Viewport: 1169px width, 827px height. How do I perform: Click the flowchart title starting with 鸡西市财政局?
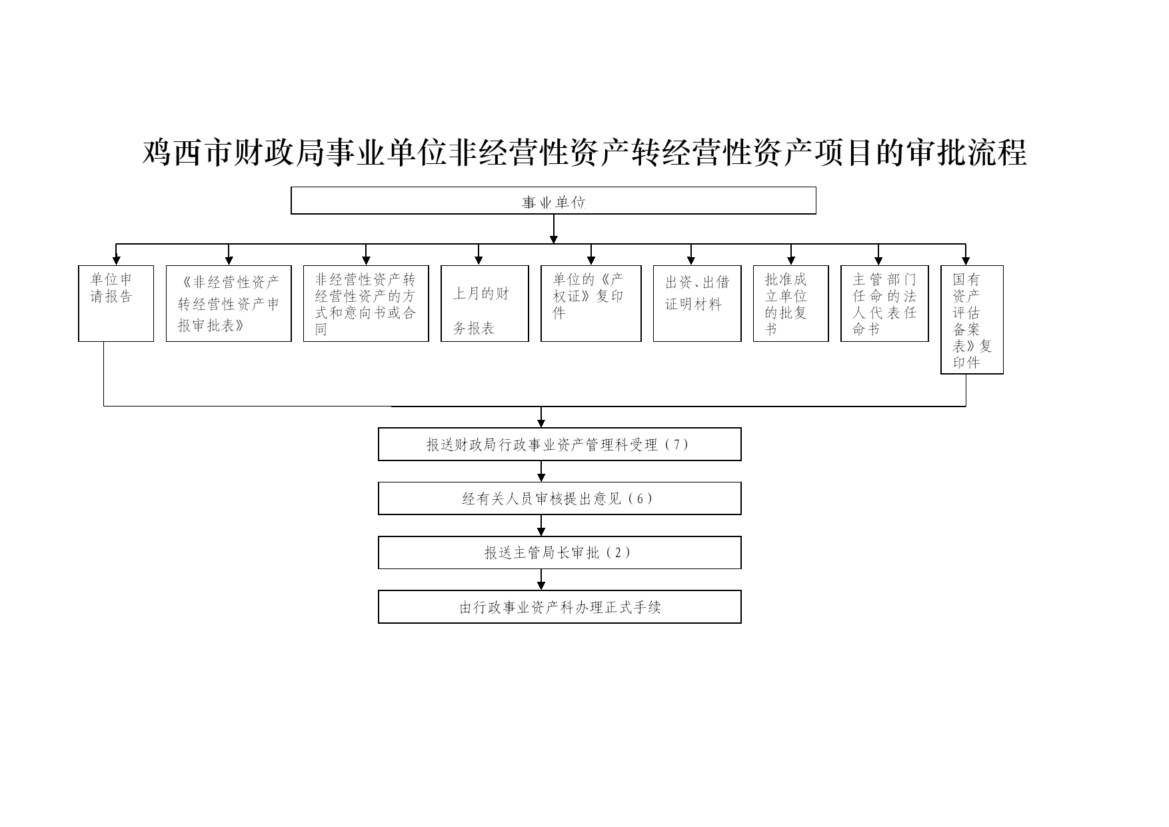pos(584,153)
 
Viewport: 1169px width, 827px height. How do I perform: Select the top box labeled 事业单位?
pos(553,201)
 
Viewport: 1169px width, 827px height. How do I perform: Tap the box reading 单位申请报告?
pos(116,304)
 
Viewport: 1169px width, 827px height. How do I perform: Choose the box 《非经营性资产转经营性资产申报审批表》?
pos(229,304)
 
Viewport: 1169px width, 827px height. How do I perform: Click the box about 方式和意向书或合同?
pos(366,304)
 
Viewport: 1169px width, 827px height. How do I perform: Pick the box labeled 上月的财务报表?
pos(485,304)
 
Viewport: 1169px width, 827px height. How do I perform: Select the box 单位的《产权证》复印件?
pos(591,304)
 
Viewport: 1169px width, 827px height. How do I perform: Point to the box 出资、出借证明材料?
pos(697,304)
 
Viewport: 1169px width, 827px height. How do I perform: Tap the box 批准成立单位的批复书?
pos(791,304)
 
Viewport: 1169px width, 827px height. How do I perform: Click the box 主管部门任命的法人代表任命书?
pos(884,304)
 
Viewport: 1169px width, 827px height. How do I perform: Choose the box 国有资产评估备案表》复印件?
pos(972,320)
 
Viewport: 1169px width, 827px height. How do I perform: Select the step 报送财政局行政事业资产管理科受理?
pos(560,444)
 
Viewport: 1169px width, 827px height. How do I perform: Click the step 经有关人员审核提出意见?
pos(560,498)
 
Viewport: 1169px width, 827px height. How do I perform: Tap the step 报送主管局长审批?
pos(560,552)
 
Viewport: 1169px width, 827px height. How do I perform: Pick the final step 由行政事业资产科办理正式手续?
pos(560,607)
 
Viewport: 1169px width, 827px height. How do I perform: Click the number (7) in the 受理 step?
pos(676,444)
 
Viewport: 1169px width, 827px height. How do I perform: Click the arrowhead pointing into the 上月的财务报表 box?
pos(479,261)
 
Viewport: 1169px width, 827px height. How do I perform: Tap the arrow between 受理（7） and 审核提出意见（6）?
pos(541,471)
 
